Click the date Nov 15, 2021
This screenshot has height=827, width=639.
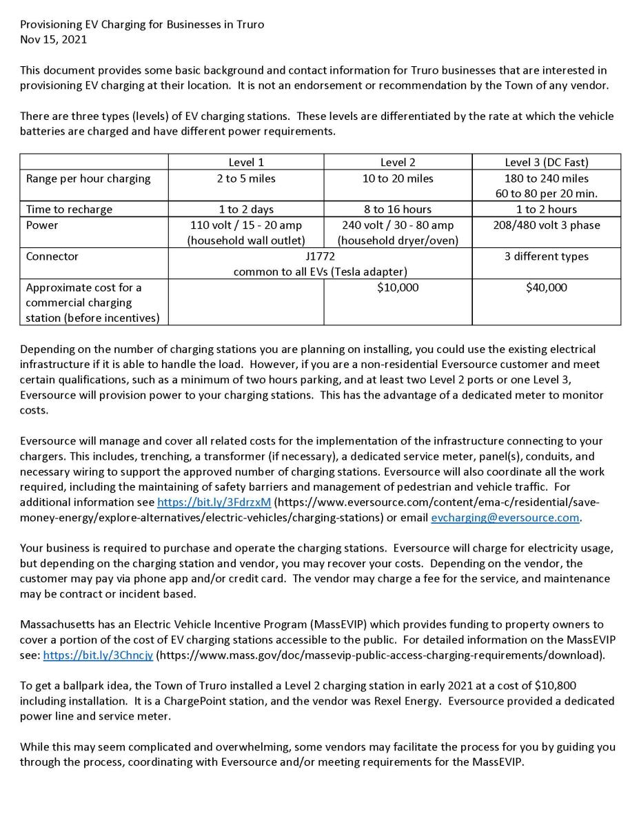[x=53, y=39]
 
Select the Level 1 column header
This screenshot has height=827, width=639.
[x=246, y=163]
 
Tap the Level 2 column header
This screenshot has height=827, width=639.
[x=398, y=163]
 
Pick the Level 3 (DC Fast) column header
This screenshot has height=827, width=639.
[x=546, y=163]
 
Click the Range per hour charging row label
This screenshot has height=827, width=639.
[x=88, y=178]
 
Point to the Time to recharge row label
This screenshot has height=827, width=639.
[x=69, y=210]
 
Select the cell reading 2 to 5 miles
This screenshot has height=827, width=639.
[x=246, y=178]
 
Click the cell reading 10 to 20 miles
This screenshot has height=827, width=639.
[x=398, y=178]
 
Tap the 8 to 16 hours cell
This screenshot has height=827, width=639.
[x=398, y=210]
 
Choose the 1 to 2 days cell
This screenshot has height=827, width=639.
[x=246, y=210]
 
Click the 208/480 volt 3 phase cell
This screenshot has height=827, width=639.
[x=546, y=225]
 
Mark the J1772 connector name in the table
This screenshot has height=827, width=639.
[x=320, y=256]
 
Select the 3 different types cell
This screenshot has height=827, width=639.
[x=546, y=256]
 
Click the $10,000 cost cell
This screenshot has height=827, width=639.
[x=398, y=287]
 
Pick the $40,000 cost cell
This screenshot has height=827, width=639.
[x=546, y=287]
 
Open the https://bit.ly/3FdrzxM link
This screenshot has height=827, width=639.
[x=214, y=502]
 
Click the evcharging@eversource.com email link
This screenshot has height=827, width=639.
[x=505, y=518]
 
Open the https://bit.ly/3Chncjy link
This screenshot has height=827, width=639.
[x=98, y=655]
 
